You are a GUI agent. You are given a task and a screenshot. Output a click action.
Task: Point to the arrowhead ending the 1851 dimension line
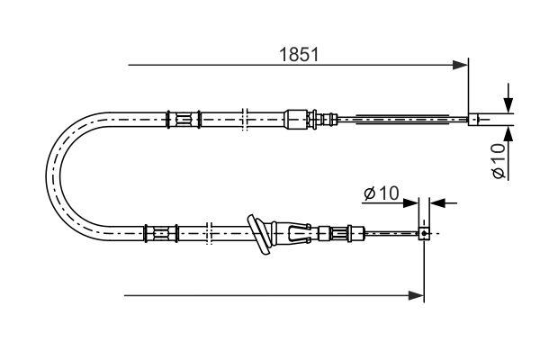pyautogui.click(x=461, y=65)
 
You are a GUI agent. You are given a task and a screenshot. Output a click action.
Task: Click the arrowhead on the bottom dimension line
pyautogui.click(x=416, y=294)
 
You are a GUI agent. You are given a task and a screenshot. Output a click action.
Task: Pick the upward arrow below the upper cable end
pyautogui.click(x=508, y=133)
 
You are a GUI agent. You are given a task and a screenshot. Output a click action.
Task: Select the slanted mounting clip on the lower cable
pyautogui.click(x=260, y=234)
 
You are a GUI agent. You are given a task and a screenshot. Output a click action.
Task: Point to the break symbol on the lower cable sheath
pyautogui.click(x=209, y=234)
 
